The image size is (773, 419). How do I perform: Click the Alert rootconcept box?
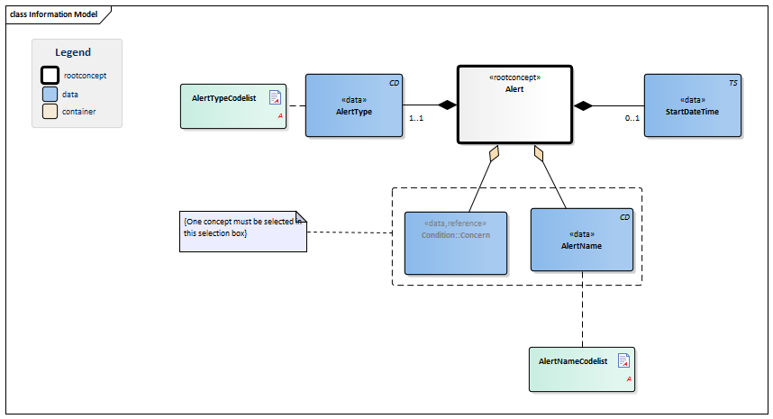[514, 105]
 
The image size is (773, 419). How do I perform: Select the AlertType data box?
[354, 105]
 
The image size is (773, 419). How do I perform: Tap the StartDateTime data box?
[693, 105]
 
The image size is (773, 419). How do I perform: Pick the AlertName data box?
[582, 240]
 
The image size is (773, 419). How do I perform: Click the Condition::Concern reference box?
[456, 243]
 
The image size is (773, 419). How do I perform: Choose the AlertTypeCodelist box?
[233, 106]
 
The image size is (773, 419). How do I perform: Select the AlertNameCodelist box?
[582, 369]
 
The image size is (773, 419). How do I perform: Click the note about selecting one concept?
[243, 232]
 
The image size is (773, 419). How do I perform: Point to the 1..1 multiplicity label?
[416, 118]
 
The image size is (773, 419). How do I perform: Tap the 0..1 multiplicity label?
[632, 118]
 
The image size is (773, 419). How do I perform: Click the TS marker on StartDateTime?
[733, 83]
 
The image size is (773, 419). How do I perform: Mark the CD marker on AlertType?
[395, 83]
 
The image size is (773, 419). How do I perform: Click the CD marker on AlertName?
[624, 217]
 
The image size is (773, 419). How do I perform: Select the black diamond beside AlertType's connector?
[448, 105]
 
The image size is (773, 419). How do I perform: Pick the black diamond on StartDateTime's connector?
[583, 105]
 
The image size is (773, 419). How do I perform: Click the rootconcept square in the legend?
[50, 76]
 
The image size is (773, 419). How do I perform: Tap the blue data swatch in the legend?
[50, 94]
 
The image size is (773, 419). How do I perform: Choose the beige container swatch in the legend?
[50, 112]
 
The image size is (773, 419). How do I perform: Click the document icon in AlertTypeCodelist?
[275, 97]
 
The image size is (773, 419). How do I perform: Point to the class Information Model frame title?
[54, 14]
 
